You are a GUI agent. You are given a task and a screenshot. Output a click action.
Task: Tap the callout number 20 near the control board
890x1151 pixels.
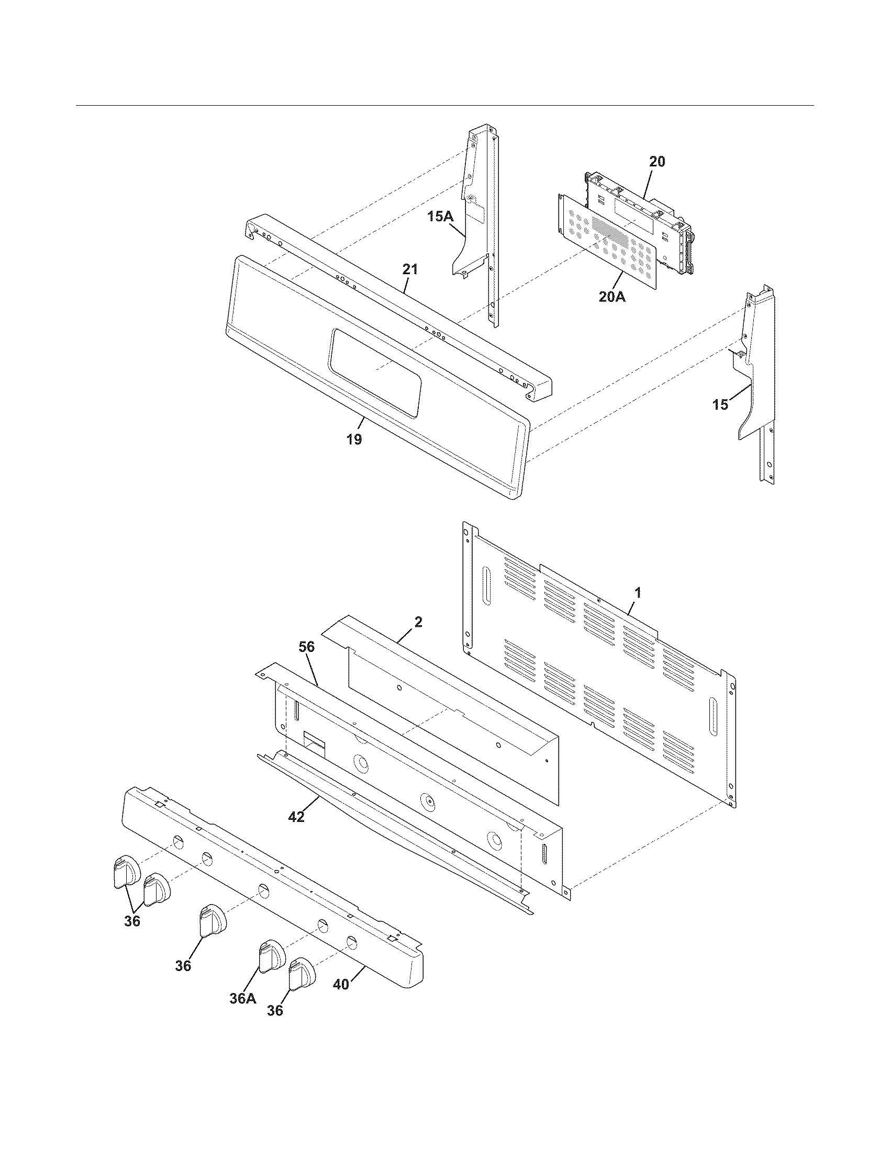coord(657,162)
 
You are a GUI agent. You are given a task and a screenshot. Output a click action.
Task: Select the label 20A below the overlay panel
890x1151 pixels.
coord(612,297)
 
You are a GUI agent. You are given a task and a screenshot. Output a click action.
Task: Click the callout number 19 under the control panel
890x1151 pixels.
coord(354,439)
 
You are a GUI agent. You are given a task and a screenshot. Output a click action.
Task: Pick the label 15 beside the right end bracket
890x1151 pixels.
coord(720,405)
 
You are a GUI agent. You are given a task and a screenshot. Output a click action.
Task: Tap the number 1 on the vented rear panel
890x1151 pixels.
coord(638,593)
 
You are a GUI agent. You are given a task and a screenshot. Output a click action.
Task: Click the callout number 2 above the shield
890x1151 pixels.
coord(418,622)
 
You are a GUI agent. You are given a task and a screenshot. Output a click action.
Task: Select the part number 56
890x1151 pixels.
coord(306,647)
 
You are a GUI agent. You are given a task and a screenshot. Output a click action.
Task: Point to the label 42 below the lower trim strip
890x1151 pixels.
coord(296,817)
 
